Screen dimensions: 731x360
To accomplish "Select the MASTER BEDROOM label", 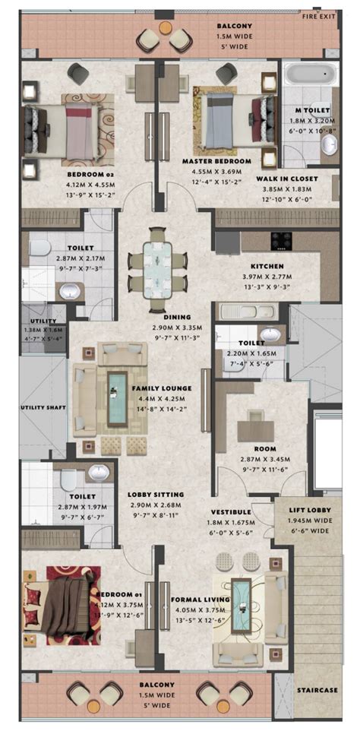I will click(x=216, y=162).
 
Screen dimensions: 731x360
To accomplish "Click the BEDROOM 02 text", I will click(x=90, y=173).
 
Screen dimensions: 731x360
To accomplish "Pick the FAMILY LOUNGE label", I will click(x=162, y=388).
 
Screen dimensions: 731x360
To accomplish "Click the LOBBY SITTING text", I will click(x=156, y=494).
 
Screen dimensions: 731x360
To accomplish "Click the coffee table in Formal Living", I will click(x=241, y=602).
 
